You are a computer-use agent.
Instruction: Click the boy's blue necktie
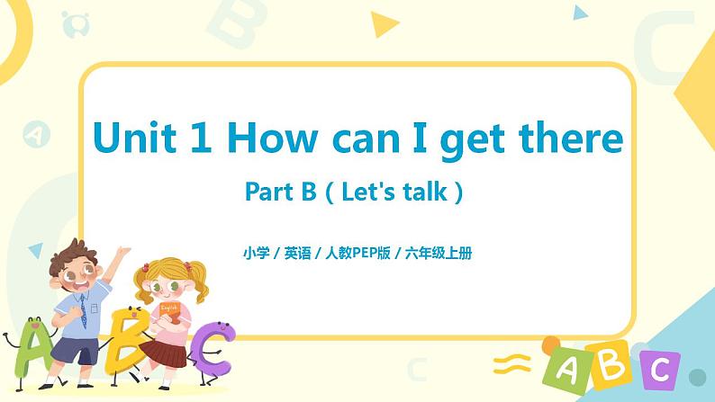click(x=83, y=310)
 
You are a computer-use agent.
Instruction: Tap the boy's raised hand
click(x=122, y=255)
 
